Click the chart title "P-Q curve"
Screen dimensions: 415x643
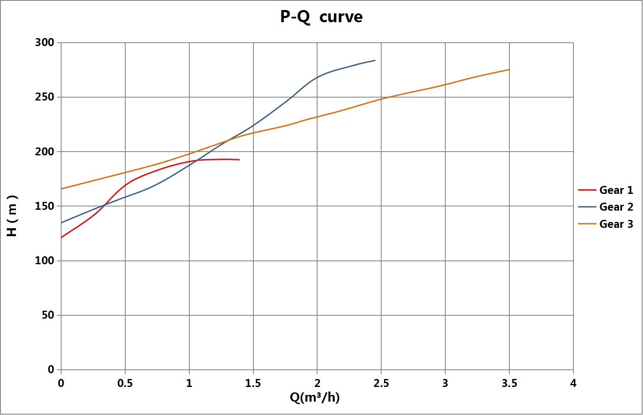pyautogui.click(x=321, y=17)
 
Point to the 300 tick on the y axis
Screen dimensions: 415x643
pyautogui.click(x=45, y=42)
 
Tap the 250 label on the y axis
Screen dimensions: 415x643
pyautogui.click(x=45, y=97)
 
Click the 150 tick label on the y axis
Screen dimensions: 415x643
pyautogui.click(x=45, y=206)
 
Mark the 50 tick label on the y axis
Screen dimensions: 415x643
pyautogui.click(x=48, y=315)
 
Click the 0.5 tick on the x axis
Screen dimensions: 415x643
pyautogui.click(x=125, y=383)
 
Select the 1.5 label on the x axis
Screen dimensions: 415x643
pyautogui.click(x=253, y=383)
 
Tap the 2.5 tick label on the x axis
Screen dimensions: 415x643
pyautogui.click(x=381, y=383)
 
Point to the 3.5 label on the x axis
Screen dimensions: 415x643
pyautogui.click(x=509, y=383)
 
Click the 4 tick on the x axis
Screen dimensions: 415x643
pyautogui.click(x=573, y=383)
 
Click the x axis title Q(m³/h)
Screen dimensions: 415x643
pyautogui.click(x=315, y=397)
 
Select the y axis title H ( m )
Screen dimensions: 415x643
pyautogui.click(x=12, y=216)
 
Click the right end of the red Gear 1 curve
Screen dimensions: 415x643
pyautogui.click(x=239, y=160)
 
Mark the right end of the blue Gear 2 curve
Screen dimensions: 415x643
pyautogui.click(x=375, y=60)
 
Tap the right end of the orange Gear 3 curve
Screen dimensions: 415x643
pyautogui.click(x=509, y=70)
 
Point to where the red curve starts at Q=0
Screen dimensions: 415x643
pyautogui.click(x=62, y=237)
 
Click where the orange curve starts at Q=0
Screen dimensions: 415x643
pyautogui.click(x=62, y=189)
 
